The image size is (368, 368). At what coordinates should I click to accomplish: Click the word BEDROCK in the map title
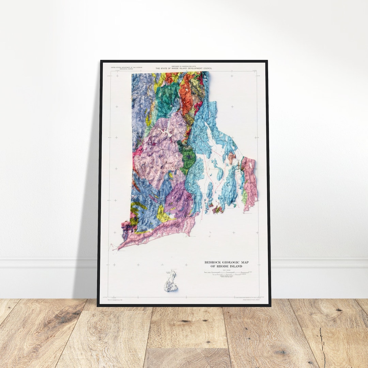click(x=213, y=262)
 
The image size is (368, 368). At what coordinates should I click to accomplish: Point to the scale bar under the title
click(x=227, y=273)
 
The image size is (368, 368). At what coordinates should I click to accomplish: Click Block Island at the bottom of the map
click(x=171, y=282)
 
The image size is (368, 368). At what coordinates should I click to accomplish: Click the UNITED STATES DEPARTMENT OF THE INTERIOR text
click(x=126, y=67)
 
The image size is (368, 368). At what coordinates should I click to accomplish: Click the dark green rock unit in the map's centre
click(x=188, y=158)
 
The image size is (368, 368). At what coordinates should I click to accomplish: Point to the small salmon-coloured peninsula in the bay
click(x=232, y=158)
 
